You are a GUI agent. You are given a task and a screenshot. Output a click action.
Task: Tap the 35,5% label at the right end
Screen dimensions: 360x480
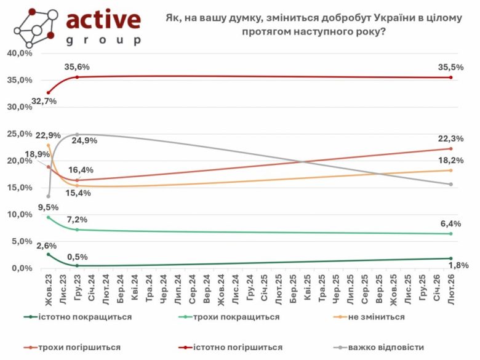(x=451, y=66)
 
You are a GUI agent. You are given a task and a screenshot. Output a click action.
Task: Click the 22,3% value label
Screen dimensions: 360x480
(x=451, y=139)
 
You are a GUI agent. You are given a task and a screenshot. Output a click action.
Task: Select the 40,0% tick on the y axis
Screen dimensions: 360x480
(x=20, y=53)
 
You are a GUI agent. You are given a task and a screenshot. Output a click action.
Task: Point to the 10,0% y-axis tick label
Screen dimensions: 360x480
(x=20, y=215)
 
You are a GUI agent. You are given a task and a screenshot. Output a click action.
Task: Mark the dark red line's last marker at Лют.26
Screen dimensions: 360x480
(x=451, y=78)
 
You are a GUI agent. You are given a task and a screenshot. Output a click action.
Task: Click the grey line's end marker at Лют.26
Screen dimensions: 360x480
(x=451, y=184)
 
